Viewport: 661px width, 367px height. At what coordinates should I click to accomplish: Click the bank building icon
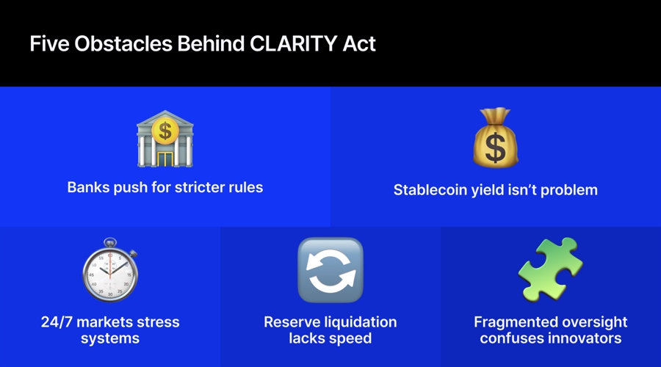tap(165, 139)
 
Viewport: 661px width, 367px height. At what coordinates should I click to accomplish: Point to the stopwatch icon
tap(109, 272)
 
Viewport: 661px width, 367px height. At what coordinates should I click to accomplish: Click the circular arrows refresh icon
tap(330, 270)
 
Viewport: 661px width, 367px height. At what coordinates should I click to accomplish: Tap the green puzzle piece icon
tap(550, 269)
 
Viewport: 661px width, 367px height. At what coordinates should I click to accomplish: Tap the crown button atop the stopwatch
tap(109, 241)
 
